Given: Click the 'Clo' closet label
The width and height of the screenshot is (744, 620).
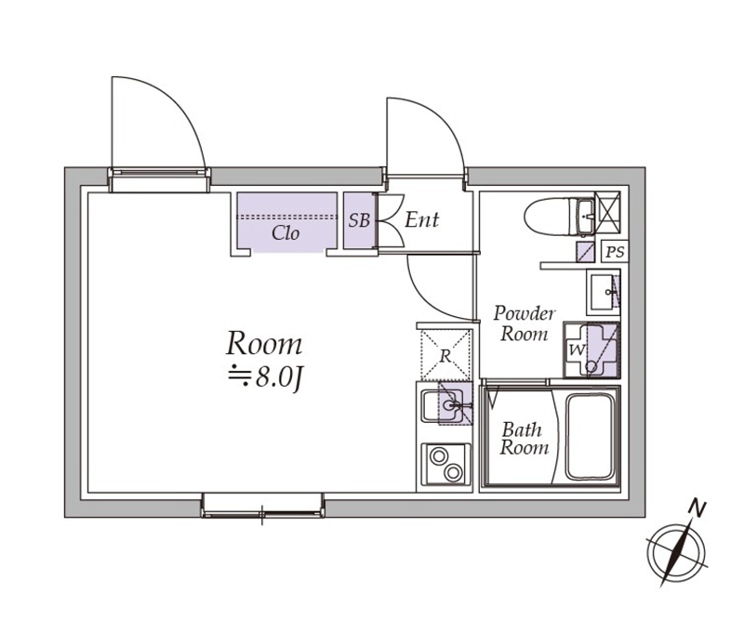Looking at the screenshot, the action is pos(286,233).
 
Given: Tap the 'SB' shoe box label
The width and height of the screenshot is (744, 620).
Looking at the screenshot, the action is pos(359,220).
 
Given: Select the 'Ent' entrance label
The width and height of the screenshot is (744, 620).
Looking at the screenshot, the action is pos(422,220).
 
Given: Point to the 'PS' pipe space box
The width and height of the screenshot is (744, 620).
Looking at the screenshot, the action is pos(615,252).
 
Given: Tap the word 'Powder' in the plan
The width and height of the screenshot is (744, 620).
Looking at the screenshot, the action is pos(525,314).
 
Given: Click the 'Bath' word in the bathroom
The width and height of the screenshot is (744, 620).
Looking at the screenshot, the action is pos(522,429).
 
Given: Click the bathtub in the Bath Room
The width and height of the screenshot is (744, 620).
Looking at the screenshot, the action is pos(590,436).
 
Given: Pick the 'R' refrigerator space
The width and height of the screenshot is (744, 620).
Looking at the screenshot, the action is pos(445,355).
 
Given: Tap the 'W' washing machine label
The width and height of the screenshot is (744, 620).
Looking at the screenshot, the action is pos(577,350).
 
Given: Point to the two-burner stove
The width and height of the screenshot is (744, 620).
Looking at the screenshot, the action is pos(446,464).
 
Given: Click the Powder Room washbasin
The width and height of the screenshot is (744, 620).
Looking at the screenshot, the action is pos(603,292).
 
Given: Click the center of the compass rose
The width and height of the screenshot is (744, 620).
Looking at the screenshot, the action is pos(676,553).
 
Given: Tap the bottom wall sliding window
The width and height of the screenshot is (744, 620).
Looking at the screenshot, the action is pos(263,506).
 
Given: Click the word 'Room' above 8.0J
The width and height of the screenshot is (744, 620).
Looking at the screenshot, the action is pos(264,344).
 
